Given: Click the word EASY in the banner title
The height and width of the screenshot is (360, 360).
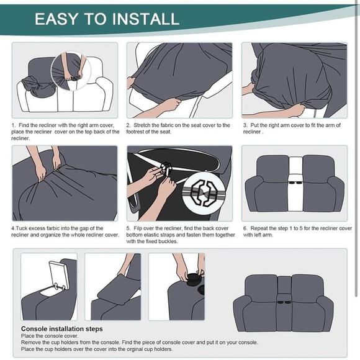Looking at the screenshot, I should (x=56, y=18).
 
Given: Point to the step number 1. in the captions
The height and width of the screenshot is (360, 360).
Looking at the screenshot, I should (x=14, y=125).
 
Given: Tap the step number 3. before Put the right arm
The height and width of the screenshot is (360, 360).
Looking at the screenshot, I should (x=245, y=125).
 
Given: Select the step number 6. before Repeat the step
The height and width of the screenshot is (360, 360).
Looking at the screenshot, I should (x=245, y=228).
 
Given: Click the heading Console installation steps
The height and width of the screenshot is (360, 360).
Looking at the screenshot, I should (x=62, y=329).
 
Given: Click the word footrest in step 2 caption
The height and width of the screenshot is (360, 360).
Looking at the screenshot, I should (x=141, y=132).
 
